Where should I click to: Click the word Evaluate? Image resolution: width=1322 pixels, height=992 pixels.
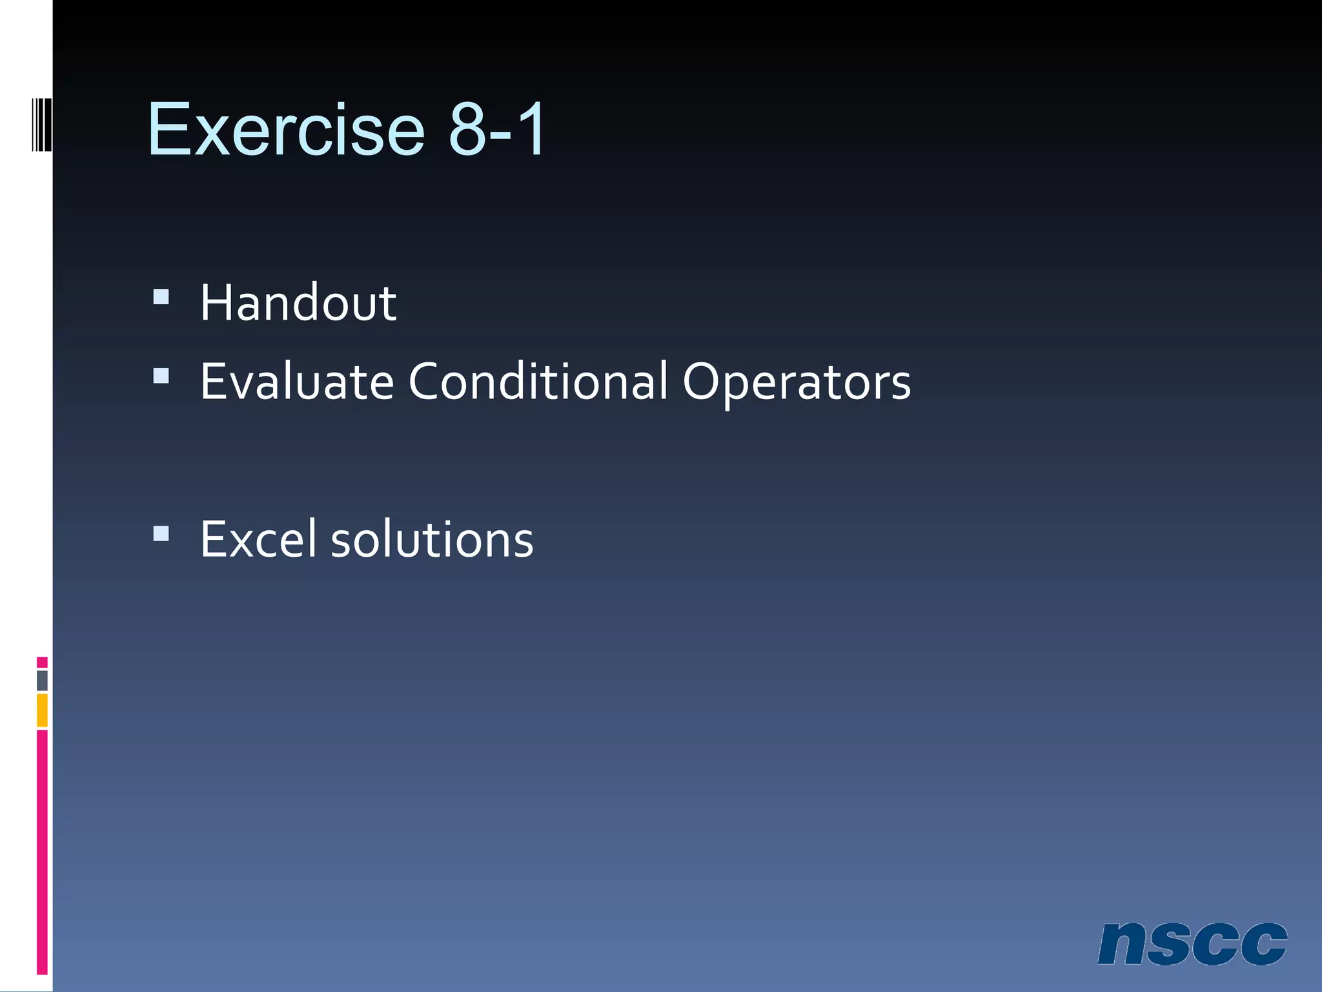(297, 381)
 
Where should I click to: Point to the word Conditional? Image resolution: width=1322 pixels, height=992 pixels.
(538, 381)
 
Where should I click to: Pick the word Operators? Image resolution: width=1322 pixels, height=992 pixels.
(797, 382)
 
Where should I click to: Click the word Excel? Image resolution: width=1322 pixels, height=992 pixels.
(258, 539)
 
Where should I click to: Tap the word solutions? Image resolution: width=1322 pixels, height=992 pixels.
(432, 539)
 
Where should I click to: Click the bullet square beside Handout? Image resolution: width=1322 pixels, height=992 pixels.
(161, 296)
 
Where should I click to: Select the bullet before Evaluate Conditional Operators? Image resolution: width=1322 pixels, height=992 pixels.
(161, 375)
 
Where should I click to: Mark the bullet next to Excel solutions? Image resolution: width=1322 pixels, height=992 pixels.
(161, 533)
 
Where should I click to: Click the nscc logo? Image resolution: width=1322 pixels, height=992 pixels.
(1192, 944)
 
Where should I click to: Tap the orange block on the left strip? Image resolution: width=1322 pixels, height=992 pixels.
(42, 710)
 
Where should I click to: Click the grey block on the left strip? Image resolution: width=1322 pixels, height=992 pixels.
(42, 680)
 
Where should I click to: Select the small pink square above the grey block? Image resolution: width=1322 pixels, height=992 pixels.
(42, 662)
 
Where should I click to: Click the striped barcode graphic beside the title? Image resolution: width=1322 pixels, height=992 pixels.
(42, 124)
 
